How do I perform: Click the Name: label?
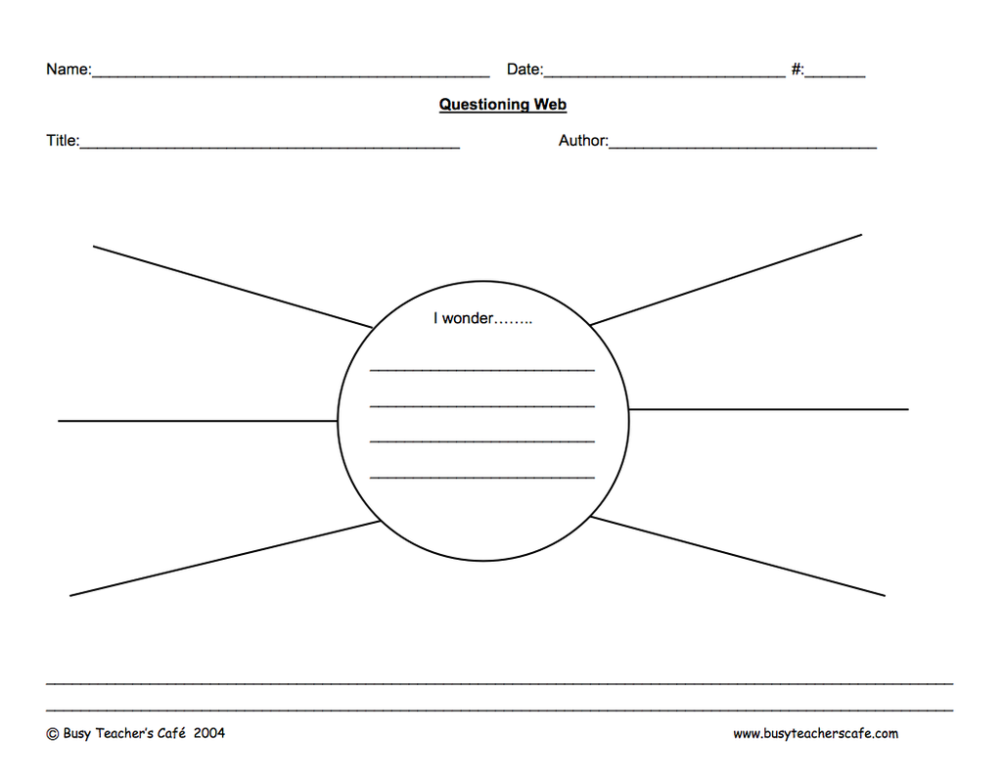click(69, 69)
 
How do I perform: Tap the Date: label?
click(525, 69)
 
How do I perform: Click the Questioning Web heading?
click(503, 105)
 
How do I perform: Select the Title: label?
click(63, 140)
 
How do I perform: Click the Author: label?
click(583, 140)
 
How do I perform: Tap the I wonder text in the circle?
click(482, 318)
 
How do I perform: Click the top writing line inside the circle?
click(482, 370)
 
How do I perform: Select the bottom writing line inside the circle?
click(482, 478)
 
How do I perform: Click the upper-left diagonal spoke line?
click(233, 287)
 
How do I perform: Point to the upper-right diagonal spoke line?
click(726, 280)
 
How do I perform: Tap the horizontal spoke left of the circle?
click(198, 421)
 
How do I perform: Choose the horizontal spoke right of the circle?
click(768, 409)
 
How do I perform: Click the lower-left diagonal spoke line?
click(225, 559)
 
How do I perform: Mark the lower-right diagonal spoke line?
click(738, 556)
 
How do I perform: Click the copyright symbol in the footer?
click(53, 734)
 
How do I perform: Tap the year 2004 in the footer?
click(209, 733)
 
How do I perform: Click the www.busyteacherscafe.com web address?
click(815, 734)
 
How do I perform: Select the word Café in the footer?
click(171, 733)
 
